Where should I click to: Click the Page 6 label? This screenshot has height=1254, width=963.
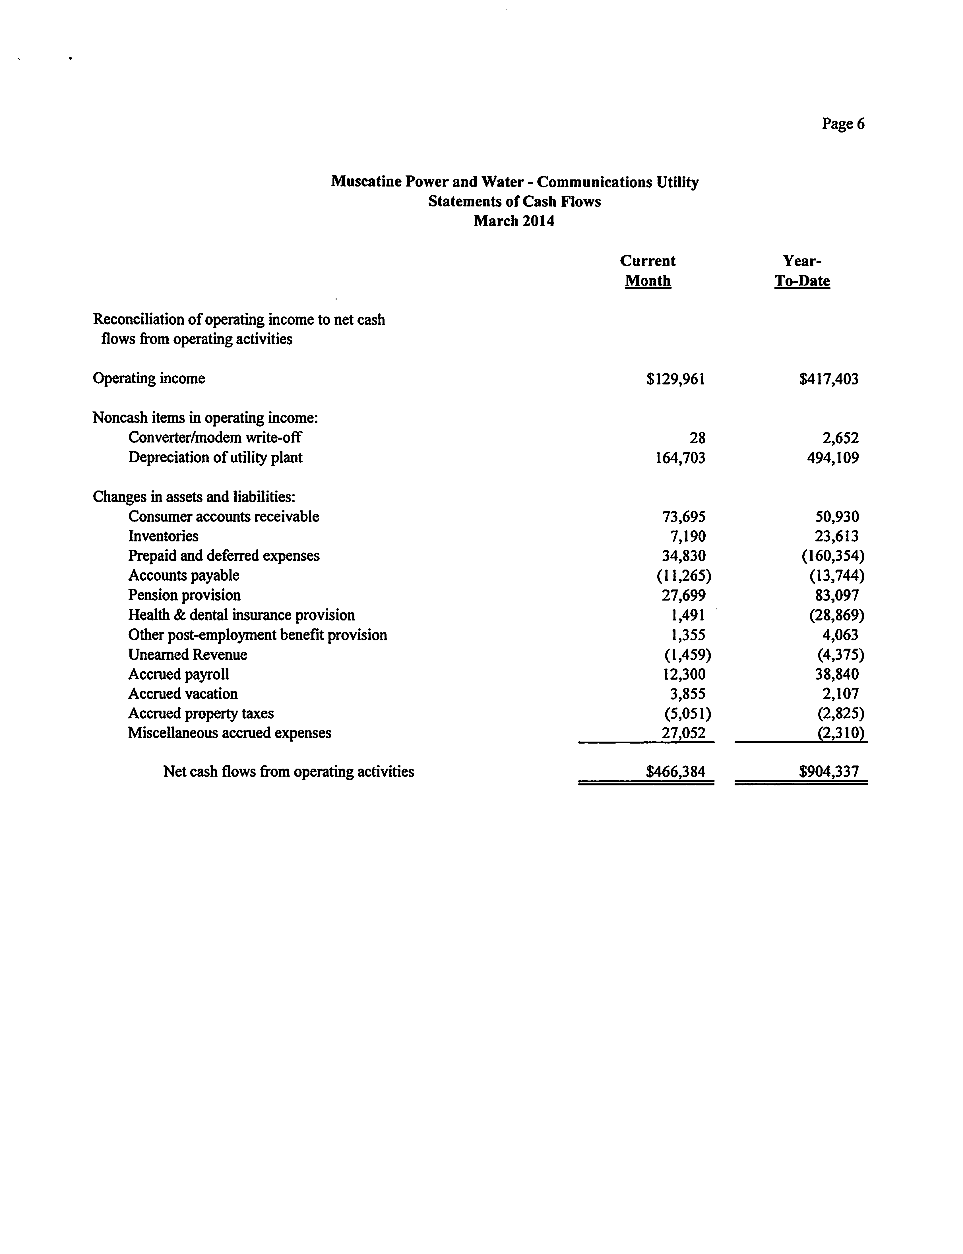click(843, 124)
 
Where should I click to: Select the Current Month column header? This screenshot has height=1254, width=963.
click(648, 270)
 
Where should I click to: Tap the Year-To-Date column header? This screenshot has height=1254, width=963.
click(802, 270)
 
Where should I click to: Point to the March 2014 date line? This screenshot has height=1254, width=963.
click(514, 221)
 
